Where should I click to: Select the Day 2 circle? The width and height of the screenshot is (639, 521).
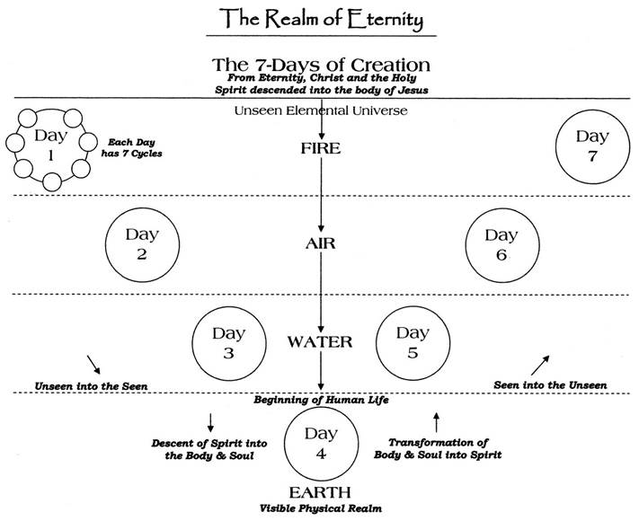(142, 244)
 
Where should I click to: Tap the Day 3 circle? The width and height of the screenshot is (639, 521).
(228, 343)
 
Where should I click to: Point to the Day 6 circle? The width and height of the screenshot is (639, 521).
(501, 244)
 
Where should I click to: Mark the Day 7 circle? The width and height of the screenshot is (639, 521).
(592, 146)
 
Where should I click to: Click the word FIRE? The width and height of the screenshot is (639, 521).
(320, 149)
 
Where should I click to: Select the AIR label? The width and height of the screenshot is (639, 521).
(320, 243)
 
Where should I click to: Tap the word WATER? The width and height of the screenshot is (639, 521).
(320, 342)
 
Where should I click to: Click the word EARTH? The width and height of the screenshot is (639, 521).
(320, 493)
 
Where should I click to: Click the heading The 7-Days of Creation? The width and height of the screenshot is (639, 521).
(320, 65)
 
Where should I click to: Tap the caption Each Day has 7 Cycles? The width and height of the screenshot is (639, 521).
(135, 147)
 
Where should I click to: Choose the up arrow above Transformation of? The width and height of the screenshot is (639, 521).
(436, 420)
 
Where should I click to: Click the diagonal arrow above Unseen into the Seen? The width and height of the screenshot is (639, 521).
(93, 363)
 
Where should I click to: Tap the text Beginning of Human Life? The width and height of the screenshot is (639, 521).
(320, 400)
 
